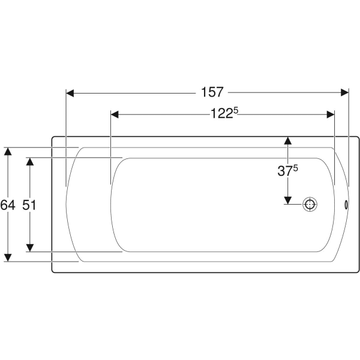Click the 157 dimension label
[x=212, y=92]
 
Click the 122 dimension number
[x=221, y=113]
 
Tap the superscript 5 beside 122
[x=236, y=110]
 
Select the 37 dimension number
[x=285, y=171]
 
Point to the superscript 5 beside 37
[x=295, y=168]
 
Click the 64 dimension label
[x=8, y=205]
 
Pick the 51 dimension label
[x=29, y=205]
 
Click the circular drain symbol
[x=310, y=204]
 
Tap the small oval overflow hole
[x=346, y=205]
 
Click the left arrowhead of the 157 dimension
[x=70, y=93]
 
